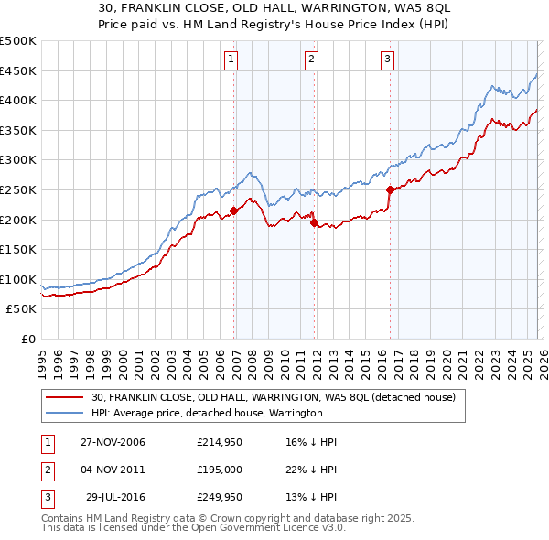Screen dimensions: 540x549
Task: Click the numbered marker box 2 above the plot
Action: pyautogui.click(x=311, y=60)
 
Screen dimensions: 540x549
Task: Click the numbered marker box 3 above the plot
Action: pyautogui.click(x=387, y=60)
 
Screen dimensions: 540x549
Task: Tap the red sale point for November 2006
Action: pyautogui.click(x=233, y=211)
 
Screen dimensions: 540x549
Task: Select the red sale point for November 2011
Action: pyautogui.click(x=314, y=222)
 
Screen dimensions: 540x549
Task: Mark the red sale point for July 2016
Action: pyautogui.click(x=391, y=190)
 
